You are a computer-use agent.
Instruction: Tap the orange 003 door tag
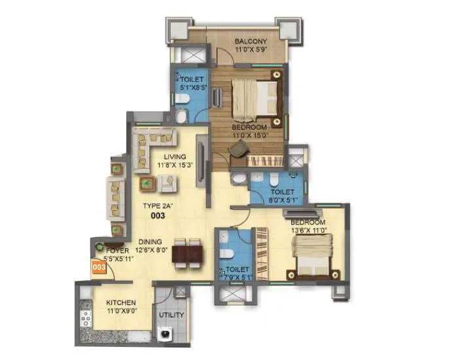click(x=99, y=267)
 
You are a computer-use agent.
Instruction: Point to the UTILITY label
click(x=171, y=315)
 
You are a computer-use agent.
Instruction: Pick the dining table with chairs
click(x=188, y=253)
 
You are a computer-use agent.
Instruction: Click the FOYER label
click(x=109, y=249)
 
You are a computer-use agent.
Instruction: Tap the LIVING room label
click(x=175, y=157)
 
